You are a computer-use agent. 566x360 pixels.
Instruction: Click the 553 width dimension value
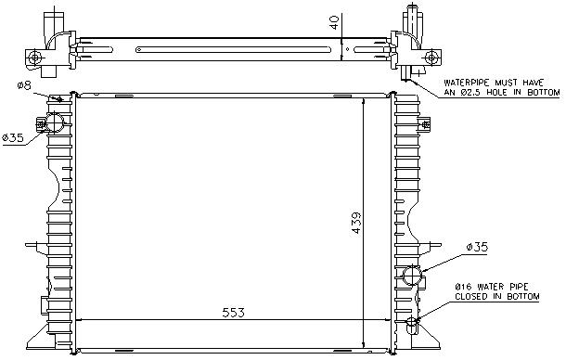coord(233,313)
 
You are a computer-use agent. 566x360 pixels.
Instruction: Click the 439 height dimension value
coord(356,223)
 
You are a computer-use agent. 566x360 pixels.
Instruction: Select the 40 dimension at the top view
coord(335,22)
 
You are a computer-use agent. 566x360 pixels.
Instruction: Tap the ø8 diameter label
coord(24,85)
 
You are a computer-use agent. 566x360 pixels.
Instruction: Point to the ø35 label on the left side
coord(13,137)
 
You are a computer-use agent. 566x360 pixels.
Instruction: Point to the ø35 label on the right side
coord(477,247)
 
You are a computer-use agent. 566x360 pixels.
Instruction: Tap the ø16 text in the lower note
coord(464,287)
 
